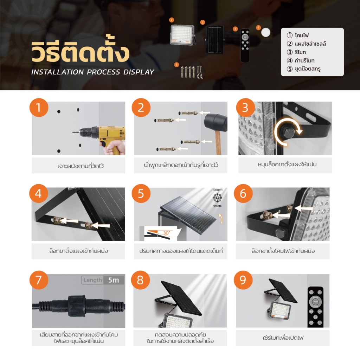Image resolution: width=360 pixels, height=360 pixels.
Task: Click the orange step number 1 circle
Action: (39, 108)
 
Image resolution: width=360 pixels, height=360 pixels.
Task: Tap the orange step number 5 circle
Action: (141, 193)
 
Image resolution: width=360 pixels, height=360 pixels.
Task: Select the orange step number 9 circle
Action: (243, 280)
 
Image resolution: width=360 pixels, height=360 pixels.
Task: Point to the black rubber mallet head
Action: (216, 122)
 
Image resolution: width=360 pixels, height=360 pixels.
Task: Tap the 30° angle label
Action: (166, 233)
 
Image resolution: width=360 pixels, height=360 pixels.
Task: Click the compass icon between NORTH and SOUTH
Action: (217, 198)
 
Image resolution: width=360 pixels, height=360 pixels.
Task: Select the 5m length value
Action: (114, 280)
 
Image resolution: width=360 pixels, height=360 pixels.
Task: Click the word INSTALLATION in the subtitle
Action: (57, 72)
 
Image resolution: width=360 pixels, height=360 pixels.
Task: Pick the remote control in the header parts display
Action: (245, 45)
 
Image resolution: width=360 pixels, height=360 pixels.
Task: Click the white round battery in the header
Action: (266, 32)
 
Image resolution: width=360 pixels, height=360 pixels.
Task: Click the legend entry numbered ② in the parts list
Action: (306, 44)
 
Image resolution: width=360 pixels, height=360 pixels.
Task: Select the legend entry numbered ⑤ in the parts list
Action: (303, 69)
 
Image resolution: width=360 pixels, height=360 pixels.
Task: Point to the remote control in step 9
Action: (315, 307)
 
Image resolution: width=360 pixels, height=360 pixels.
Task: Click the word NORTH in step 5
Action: (218, 190)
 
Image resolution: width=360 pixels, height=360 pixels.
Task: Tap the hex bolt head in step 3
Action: (288, 133)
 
